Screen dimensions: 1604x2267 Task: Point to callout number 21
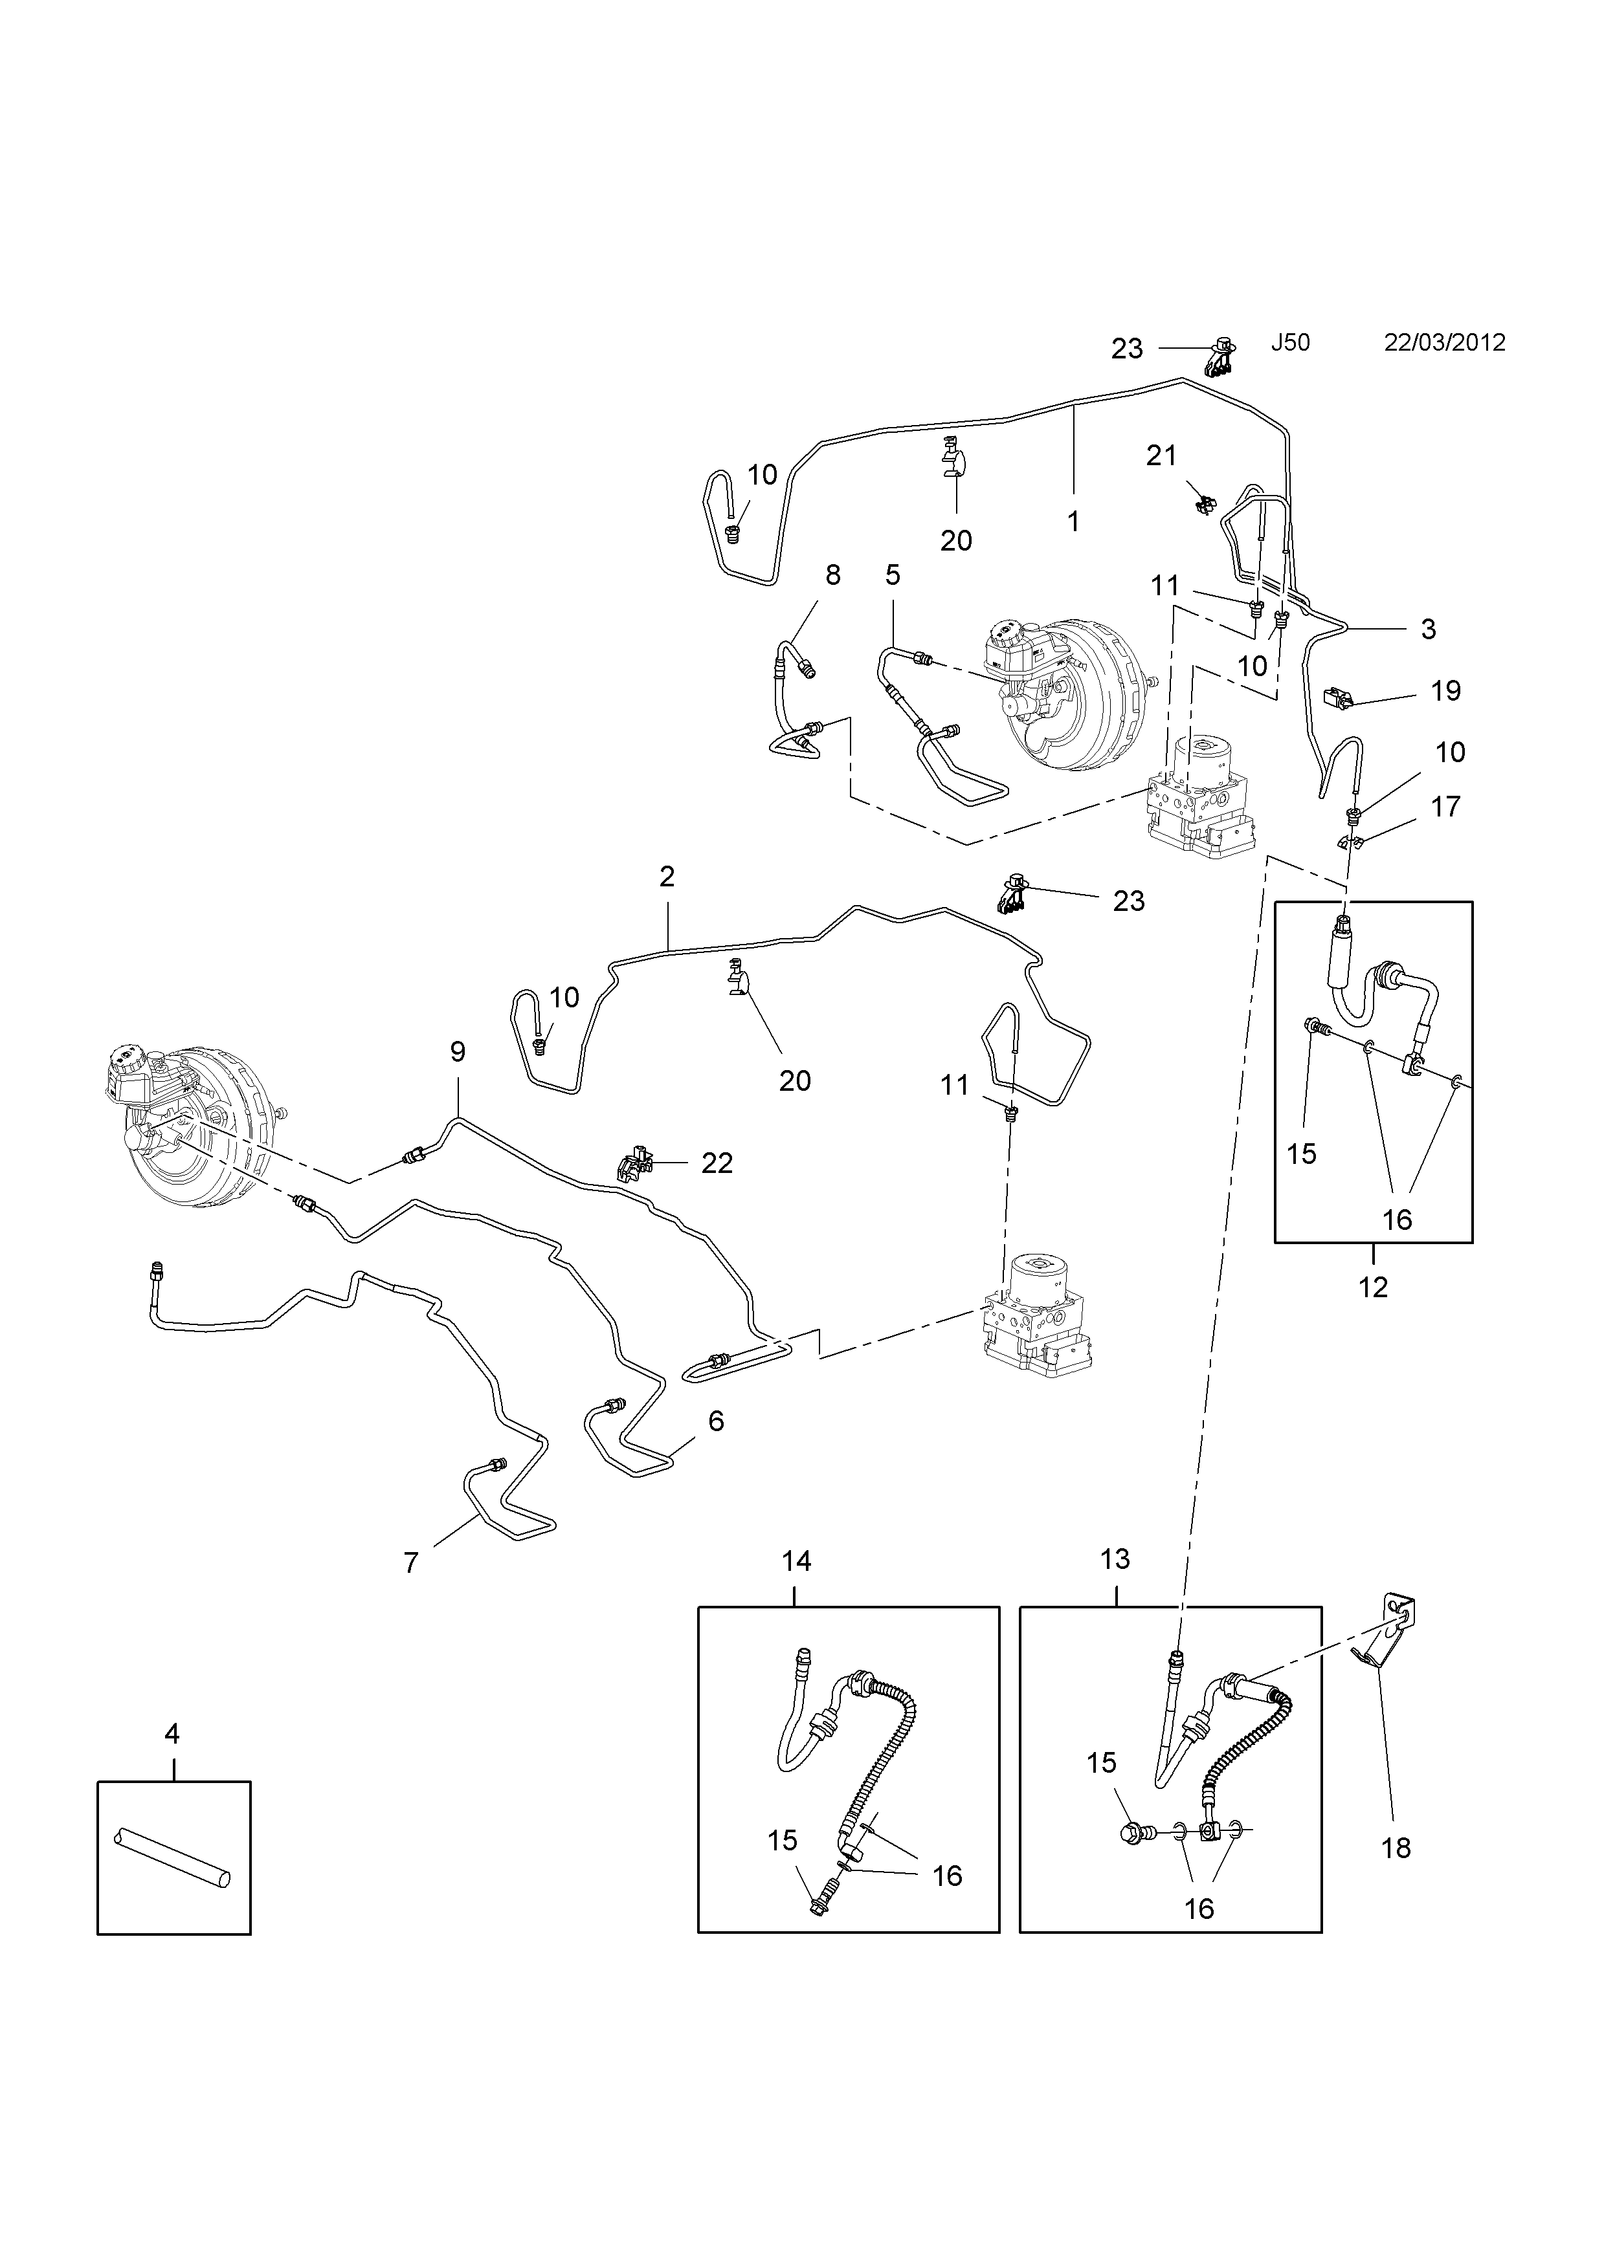[1161, 455]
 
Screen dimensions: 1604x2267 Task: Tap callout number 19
[1446, 690]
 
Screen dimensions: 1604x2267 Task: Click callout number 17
[1446, 807]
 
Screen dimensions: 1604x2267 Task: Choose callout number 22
[717, 1163]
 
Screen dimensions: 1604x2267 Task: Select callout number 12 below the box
[1374, 1287]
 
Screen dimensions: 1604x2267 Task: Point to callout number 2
[667, 876]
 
